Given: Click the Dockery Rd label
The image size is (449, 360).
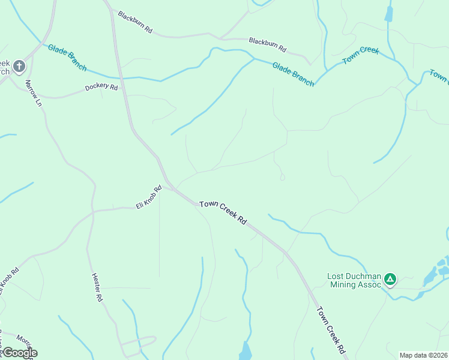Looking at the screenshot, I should click(x=101, y=87).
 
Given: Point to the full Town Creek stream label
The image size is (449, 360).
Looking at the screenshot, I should click(x=361, y=55).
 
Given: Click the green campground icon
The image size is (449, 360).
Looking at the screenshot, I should click(x=390, y=278).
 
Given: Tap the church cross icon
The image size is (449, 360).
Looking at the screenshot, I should click(x=19, y=65).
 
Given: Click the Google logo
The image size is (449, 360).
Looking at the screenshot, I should click(x=19, y=353).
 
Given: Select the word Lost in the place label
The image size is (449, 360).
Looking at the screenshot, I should click(x=336, y=277).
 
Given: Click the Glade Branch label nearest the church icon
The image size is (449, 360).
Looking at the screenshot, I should click(x=67, y=58).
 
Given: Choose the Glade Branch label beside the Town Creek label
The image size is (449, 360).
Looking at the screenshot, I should click(x=293, y=74).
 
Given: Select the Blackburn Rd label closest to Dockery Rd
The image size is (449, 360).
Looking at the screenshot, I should click(x=135, y=22).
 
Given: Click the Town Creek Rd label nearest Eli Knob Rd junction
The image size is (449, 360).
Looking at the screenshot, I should click(x=223, y=213).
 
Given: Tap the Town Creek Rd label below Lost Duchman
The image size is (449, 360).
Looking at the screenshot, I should click(x=331, y=329).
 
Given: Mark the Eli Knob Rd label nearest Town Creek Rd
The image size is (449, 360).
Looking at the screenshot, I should click(x=149, y=197).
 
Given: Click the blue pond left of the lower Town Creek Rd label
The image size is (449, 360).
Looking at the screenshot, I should click(x=246, y=350).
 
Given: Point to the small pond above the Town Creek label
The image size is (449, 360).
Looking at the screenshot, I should click(x=389, y=13).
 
